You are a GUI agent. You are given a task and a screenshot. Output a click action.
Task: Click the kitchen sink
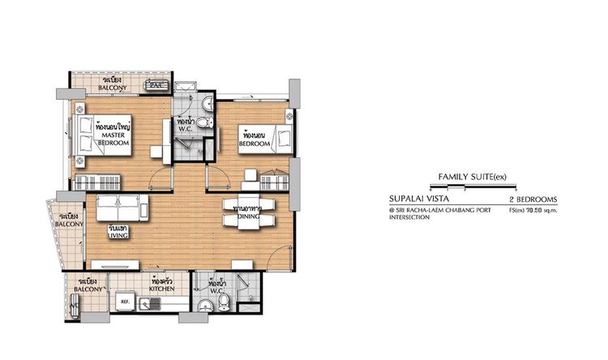152,306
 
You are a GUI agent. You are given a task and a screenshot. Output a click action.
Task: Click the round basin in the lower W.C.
205,306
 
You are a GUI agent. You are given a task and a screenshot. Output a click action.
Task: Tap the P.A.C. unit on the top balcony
156,84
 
